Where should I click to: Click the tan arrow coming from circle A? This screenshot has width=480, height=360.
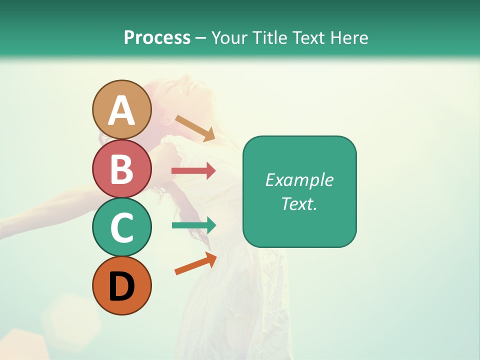[x=195, y=127]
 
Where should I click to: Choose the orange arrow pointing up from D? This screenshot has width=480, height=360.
[x=195, y=263]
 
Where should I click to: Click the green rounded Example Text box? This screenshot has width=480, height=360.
[x=299, y=191]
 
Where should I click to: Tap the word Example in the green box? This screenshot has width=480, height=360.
[x=299, y=180]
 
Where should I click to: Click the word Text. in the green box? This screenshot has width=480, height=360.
[x=299, y=203]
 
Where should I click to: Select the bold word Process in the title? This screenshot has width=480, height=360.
[x=157, y=37]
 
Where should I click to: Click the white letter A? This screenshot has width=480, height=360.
[x=121, y=111]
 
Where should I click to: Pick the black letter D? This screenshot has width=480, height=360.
[x=121, y=286]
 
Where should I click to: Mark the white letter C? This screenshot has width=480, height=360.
[x=121, y=228]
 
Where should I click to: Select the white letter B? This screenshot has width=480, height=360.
[x=121, y=169]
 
